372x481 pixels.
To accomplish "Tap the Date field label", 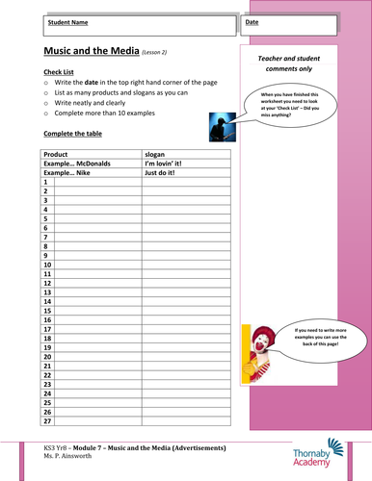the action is [252, 20].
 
